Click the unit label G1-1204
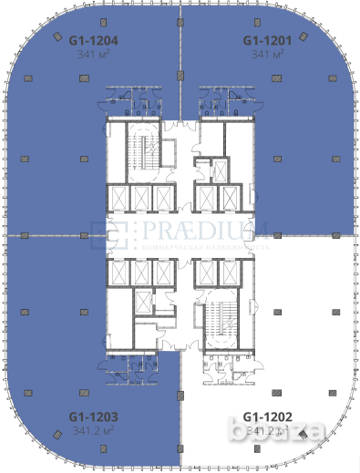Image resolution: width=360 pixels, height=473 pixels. coord(95,40)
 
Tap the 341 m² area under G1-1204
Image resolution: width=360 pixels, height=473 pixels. coord(95,54)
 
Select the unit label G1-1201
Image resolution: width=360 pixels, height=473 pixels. coord(266,40)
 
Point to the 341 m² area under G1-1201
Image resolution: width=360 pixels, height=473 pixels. coord(266,54)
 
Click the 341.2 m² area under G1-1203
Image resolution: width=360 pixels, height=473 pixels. coord(94,430)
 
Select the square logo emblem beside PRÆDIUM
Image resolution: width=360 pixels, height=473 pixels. coord(119,234)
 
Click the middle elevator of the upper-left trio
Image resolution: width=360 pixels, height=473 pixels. coord(141,198)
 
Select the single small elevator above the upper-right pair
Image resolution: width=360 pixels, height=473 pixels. coord(219,170)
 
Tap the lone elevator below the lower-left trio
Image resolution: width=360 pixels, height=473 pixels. coord(142,303)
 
